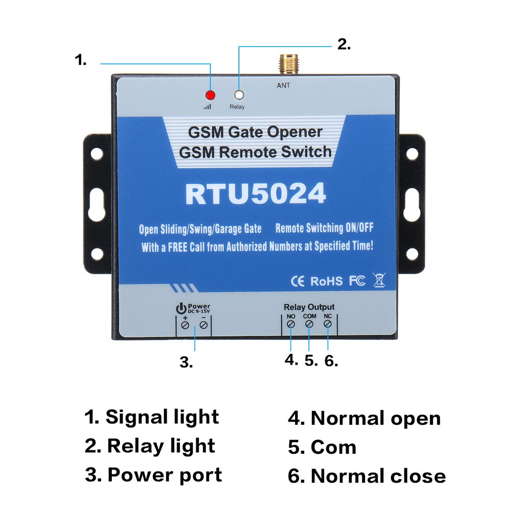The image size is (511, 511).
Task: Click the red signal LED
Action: click(x=210, y=95)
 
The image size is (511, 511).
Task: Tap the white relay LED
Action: click(x=238, y=95)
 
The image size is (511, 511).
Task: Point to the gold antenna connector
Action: click(x=283, y=65)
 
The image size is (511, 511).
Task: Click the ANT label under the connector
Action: click(x=283, y=85)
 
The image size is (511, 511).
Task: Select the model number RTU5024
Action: click(x=255, y=194)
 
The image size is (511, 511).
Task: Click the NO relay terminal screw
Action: click(x=290, y=324)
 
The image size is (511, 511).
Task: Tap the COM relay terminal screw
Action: click(x=309, y=324)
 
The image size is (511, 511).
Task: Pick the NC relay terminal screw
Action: click(x=328, y=324)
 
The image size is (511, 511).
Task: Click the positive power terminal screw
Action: click(x=185, y=325)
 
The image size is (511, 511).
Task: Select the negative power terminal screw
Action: click(x=204, y=325)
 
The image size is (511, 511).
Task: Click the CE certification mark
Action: click(x=298, y=281)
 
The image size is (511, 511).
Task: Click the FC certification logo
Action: click(x=357, y=281)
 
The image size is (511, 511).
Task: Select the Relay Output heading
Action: click(x=309, y=307)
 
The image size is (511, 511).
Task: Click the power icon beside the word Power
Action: click(x=180, y=308)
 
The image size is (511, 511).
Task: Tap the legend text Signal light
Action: click(x=162, y=417)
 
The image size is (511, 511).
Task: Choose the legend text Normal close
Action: click(x=378, y=476)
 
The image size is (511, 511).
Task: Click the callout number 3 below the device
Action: click(x=186, y=362)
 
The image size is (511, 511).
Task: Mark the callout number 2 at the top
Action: click(x=344, y=44)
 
